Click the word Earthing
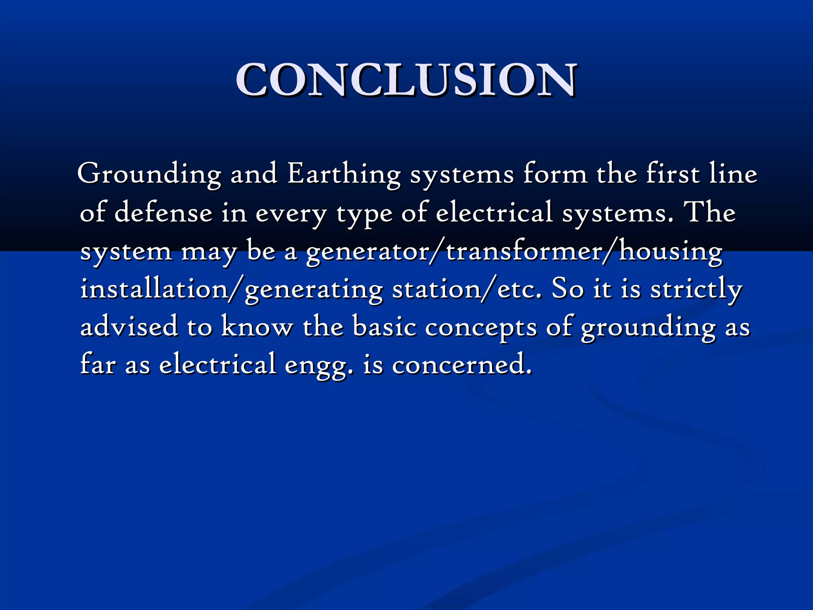344,175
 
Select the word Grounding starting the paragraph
149,175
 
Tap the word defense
163,212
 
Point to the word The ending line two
711,212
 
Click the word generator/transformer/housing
514,251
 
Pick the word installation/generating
231,289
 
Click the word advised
129,327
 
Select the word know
257,327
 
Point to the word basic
385,327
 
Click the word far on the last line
98,364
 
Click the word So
568,289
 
